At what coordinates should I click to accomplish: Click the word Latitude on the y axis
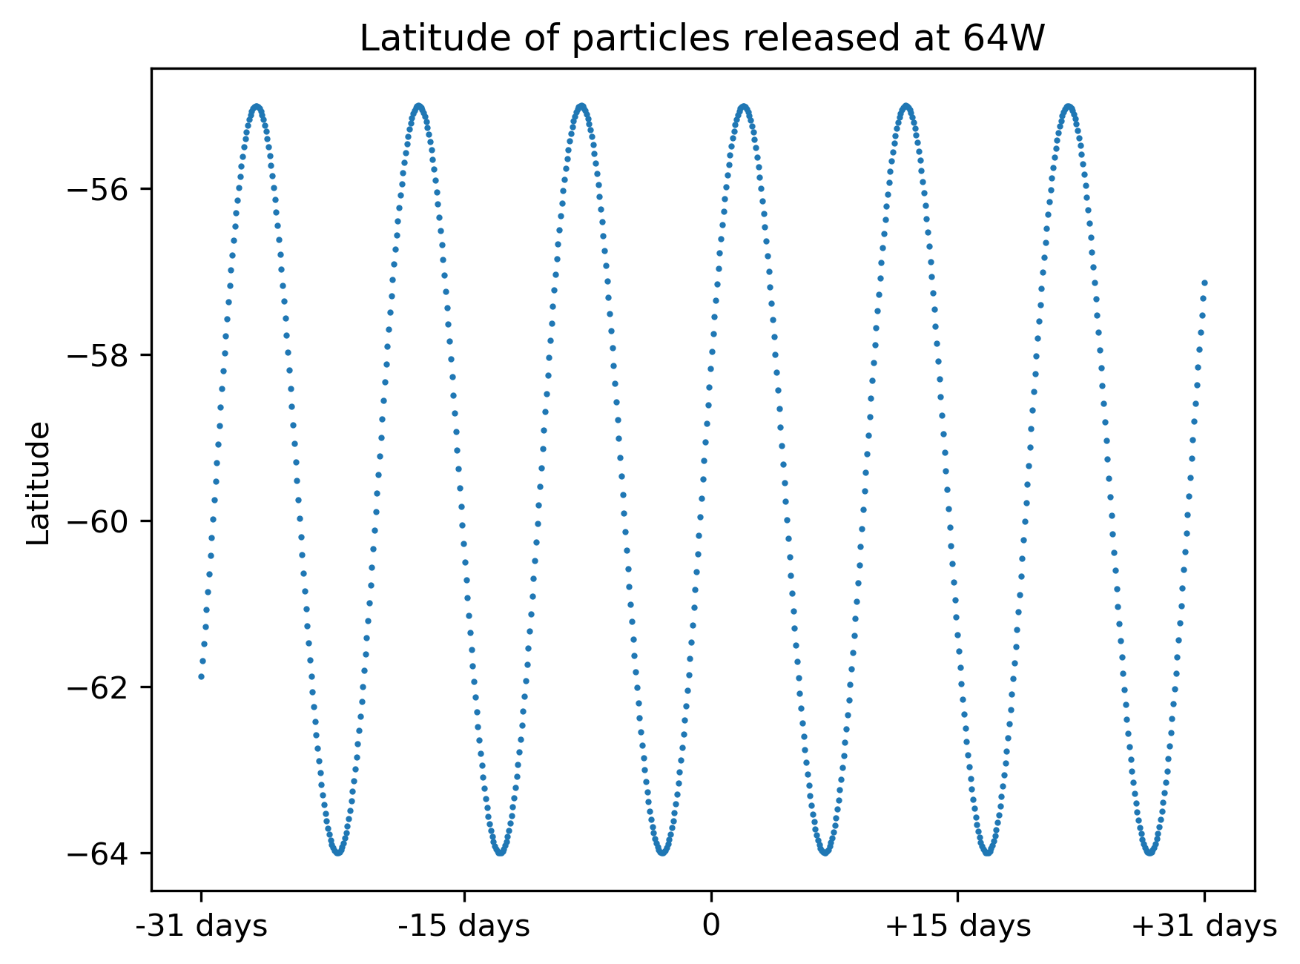click(x=39, y=483)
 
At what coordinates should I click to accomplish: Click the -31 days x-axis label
click(x=201, y=926)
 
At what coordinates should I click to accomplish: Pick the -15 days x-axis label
click(x=464, y=926)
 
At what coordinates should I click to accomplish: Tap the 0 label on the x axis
click(x=711, y=926)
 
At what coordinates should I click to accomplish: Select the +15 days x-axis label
click(x=957, y=926)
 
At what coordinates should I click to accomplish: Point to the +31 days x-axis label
click(x=1204, y=926)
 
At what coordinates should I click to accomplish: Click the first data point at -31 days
click(x=201, y=676)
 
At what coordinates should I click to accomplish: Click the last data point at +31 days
click(x=1204, y=283)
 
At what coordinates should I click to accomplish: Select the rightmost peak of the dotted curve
click(x=1069, y=106)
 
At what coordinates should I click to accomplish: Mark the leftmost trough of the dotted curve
click(x=338, y=852)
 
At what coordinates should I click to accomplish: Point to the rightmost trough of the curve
click(x=1149, y=852)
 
